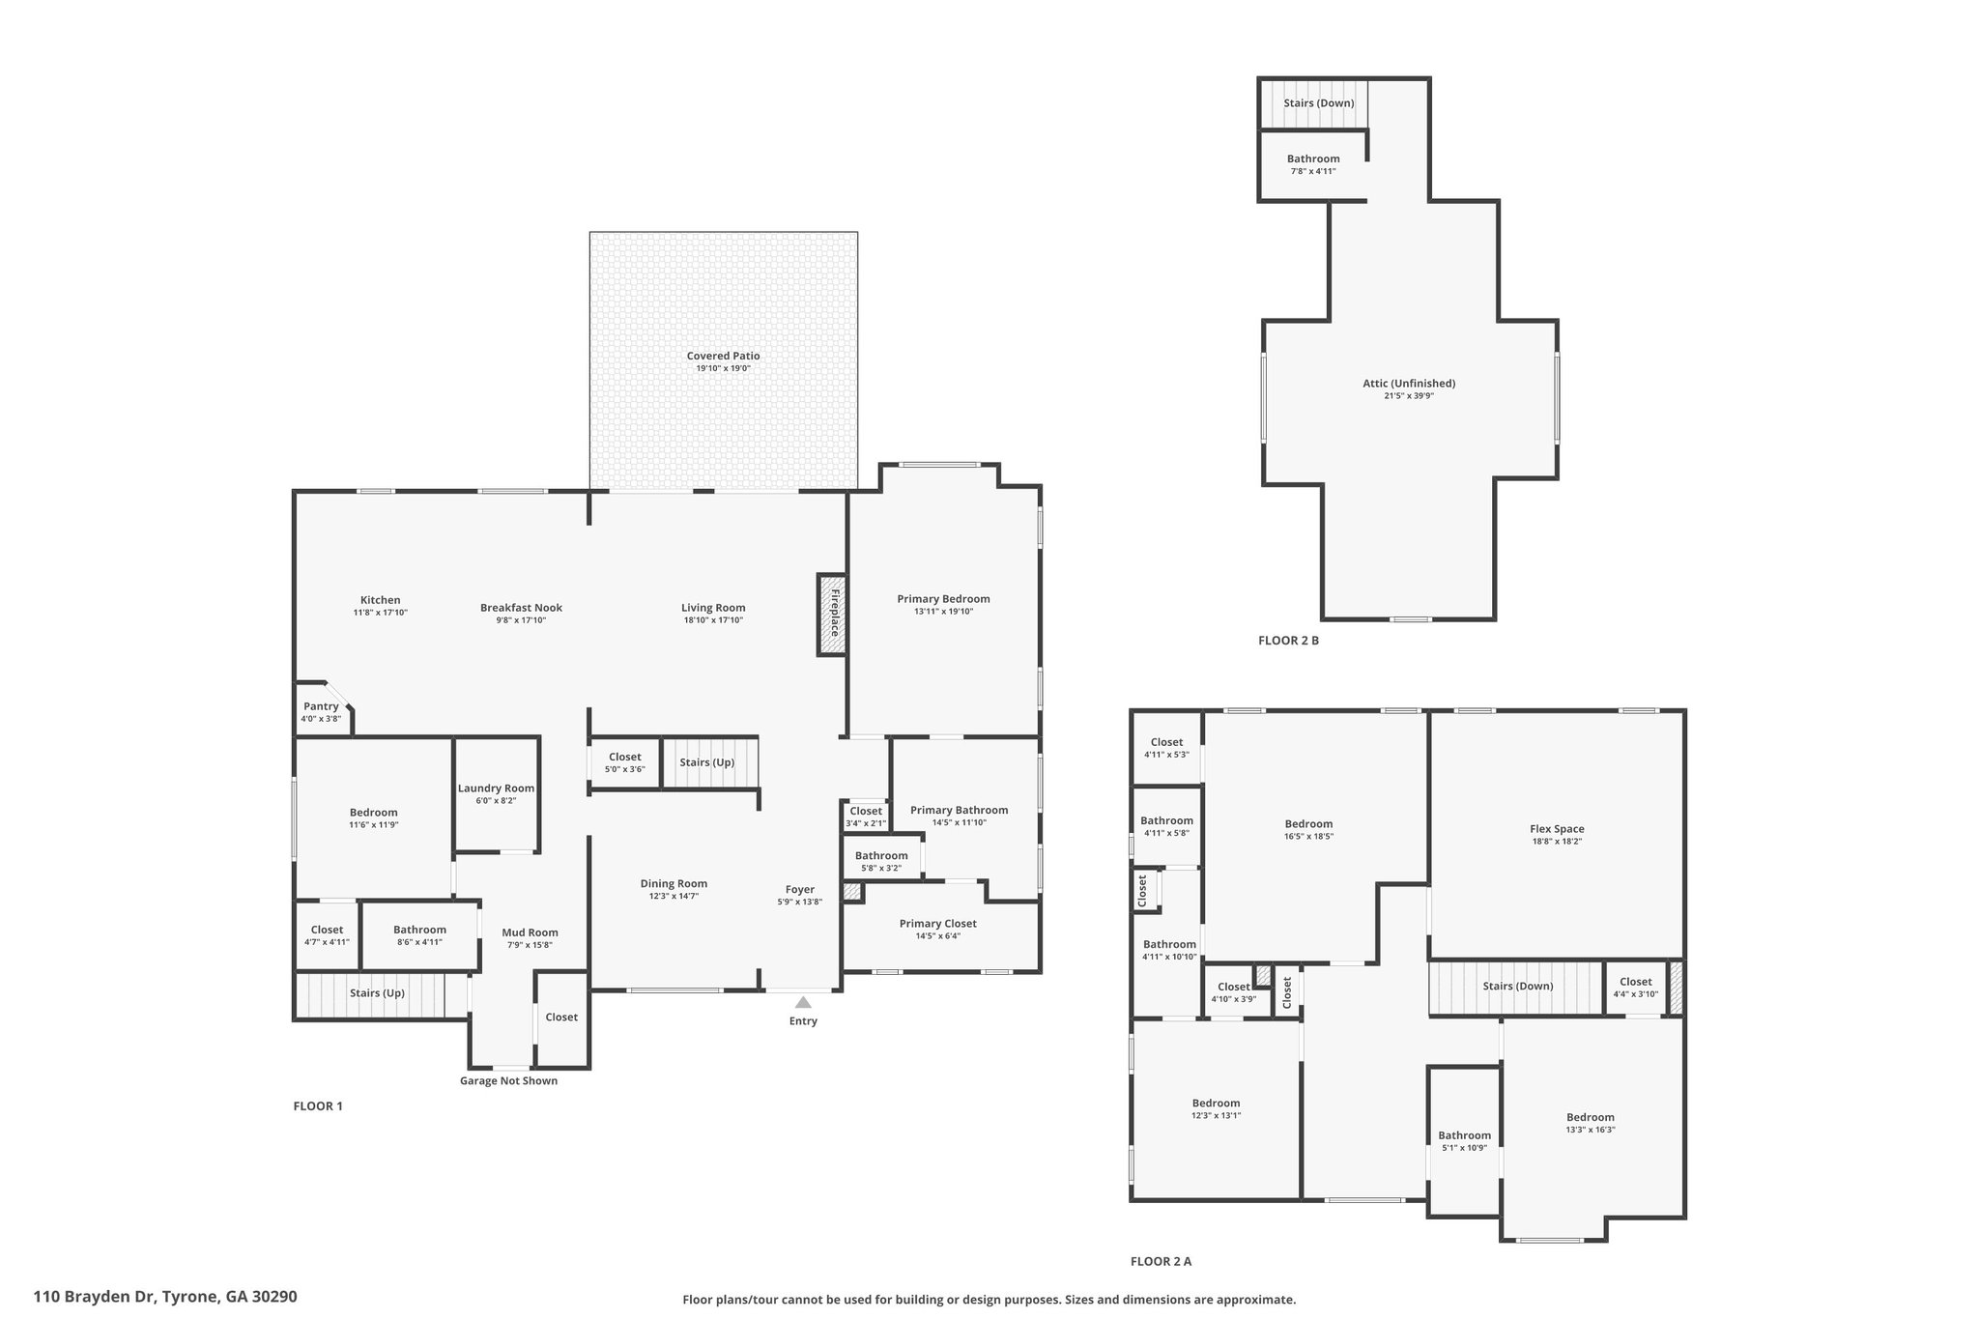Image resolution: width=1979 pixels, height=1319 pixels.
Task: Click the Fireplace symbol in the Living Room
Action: pyautogui.click(x=832, y=616)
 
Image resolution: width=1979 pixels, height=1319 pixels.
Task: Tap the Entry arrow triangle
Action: pyautogui.click(x=803, y=1002)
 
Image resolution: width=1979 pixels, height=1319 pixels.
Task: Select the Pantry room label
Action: pyautogui.click(x=321, y=706)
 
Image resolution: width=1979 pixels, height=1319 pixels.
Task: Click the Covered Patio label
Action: pyautogui.click(x=723, y=356)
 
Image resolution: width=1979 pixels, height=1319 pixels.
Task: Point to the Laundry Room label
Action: pyautogui.click(x=496, y=789)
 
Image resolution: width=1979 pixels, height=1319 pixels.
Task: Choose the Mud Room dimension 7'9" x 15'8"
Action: pyautogui.click(x=530, y=945)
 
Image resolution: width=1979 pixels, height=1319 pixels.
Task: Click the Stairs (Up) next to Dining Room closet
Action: pyautogui.click(x=707, y=762)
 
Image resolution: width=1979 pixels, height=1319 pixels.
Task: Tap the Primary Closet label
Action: pyautogui.click(x=937, y=923)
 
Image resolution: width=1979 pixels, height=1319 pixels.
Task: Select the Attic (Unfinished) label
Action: pyautogui.click(x=1409, y=383)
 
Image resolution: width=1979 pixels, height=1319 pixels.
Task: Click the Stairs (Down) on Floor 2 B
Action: pyautogui.click(x=1318, y=103)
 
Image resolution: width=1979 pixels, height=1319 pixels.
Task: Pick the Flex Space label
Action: pyautogui.click(x=1557, y=828)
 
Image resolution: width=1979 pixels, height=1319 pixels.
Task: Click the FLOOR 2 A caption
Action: pyautogui.click(x=1161, y=1261)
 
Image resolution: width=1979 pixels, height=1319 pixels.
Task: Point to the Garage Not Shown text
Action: pyautogui.click(x=508, y=1080)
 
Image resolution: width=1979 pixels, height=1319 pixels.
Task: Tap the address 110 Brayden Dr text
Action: pyautogui.click(x=164, y=1297)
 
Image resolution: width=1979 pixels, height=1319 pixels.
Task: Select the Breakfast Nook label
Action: pyautogui.click(x=521, y=608)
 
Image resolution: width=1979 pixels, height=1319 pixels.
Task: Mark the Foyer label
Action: pyautogui.click(x=799, y=889)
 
